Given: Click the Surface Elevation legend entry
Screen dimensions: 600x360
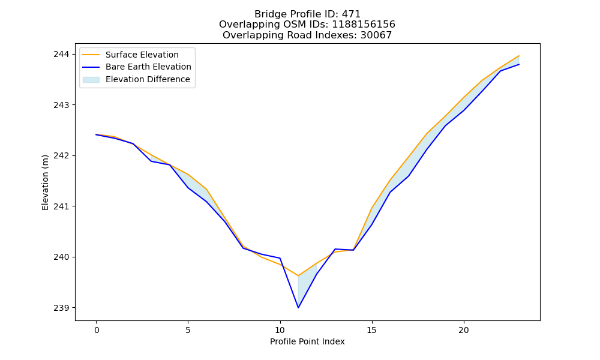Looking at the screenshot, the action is [130, 55].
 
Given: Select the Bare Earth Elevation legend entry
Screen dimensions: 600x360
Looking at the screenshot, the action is [137, 67].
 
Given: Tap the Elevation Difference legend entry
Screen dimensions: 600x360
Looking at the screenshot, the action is [136, 79].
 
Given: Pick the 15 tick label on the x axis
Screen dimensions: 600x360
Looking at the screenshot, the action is [371, 330].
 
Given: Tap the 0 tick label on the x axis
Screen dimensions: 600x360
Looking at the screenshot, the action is [97, 330].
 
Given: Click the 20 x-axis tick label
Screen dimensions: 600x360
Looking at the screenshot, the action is [464, 330].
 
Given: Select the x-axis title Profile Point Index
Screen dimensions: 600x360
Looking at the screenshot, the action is [307, 341].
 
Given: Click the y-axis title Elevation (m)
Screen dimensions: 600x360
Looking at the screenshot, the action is [46, 182].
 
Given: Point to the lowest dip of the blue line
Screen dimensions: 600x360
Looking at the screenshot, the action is [298, 308].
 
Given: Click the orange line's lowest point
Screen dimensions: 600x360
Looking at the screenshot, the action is [298, 275].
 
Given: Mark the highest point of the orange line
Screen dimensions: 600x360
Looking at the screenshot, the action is [519, 56].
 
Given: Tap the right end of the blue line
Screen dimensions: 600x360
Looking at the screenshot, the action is [519, 64].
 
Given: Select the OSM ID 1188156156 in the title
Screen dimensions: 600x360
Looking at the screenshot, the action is [364, 25].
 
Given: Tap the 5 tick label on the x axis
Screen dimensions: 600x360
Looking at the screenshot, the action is [188, 330].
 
